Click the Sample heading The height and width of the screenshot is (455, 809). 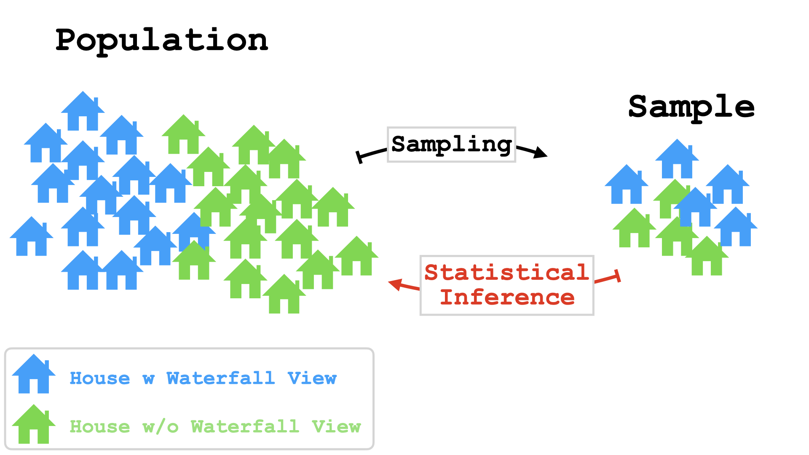click(691, 107)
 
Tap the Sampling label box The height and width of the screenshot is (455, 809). click(451, 145)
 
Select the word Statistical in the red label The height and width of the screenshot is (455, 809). click(506, 273)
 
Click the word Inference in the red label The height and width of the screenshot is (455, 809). click(507, 297)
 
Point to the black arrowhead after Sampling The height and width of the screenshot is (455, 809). click(540, 153)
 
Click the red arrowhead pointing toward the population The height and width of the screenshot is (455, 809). click(395, 284)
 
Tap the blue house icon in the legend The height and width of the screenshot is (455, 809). click(34, 375)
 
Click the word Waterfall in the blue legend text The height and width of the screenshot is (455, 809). click(221, 378)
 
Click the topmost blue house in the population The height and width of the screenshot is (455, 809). click(83, 112)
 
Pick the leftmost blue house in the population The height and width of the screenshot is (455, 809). click(31, 237)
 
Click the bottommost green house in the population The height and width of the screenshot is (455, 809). click(284, 295)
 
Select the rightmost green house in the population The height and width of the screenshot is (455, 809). click(356, 257)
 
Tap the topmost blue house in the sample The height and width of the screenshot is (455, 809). click(677, 160)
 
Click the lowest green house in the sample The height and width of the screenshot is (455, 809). click(707, 257)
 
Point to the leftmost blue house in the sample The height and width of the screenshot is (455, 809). click(626, 185)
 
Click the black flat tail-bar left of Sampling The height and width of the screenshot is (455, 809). click(359, 157)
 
